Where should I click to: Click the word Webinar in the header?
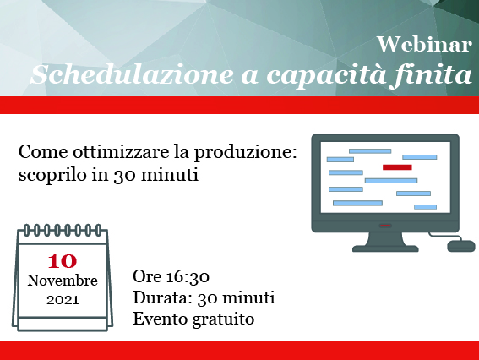425,45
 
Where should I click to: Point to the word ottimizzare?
120,151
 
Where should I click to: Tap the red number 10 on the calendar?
63,260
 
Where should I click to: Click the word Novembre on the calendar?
63,281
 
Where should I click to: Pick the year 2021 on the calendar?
63,300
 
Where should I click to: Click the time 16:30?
188,277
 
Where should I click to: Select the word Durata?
161,297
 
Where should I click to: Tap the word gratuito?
223,319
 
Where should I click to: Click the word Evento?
161,319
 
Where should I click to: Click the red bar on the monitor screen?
397,167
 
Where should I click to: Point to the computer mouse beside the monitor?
461,246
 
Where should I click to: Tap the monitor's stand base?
385,248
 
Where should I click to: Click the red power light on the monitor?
385,226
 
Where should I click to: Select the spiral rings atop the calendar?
63,230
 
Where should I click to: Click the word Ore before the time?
147,276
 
